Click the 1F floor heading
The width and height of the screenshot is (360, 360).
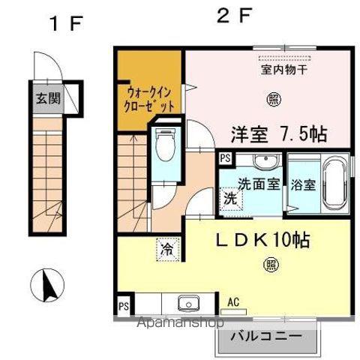66,24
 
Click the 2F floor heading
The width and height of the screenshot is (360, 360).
233,16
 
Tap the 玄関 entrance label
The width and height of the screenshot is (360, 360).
49,98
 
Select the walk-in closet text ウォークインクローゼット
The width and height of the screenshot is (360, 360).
149,100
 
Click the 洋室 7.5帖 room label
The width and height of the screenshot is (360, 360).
279,134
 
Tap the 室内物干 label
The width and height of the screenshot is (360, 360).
284,70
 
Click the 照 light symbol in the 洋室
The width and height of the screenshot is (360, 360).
274,100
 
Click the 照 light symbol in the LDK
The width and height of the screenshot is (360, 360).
271,265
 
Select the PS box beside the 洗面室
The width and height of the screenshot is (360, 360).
226,158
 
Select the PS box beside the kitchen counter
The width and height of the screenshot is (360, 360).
124,306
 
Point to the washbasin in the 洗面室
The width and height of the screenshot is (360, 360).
265,160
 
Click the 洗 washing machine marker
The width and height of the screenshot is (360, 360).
230,199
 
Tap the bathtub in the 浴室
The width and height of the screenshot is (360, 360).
335,184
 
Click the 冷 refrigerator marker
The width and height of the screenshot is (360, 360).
168,250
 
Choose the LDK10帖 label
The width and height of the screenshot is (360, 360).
263,240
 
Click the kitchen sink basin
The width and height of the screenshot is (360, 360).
189,303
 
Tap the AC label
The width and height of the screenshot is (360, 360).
233,302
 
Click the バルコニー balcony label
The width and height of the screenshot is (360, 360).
266,336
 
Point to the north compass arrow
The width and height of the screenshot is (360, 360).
49,285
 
